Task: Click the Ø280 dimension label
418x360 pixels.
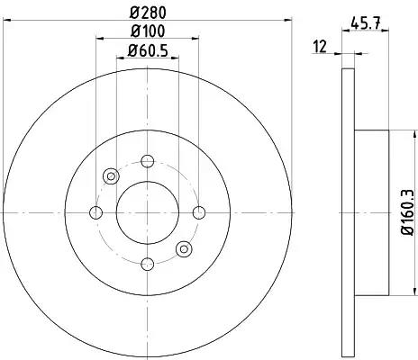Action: [x=148, y=13]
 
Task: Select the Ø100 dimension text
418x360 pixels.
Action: [x=148, y=31]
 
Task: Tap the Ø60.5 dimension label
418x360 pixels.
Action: [x=148, y=50]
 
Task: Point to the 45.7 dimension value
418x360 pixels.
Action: [x=366, y=22]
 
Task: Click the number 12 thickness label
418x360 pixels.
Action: [x=320, y=47]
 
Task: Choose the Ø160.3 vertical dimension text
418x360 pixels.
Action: [x=408, y=213]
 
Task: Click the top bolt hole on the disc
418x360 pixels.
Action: [x=148, y=161]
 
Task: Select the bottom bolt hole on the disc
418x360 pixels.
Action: [x=148, y=265]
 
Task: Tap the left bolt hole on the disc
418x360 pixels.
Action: [x=96, y=212]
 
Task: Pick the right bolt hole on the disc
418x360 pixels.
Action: [x=199, y=212]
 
